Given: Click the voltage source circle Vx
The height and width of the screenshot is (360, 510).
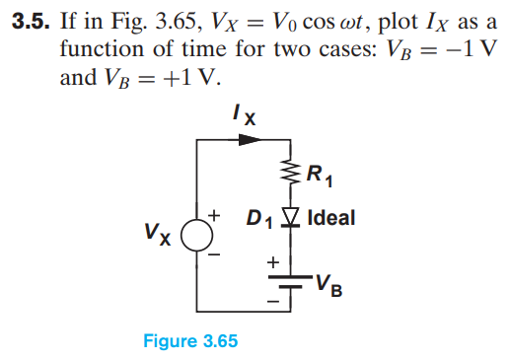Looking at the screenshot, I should (198, 238).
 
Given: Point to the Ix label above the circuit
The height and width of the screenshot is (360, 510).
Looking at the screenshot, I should (244, 114).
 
